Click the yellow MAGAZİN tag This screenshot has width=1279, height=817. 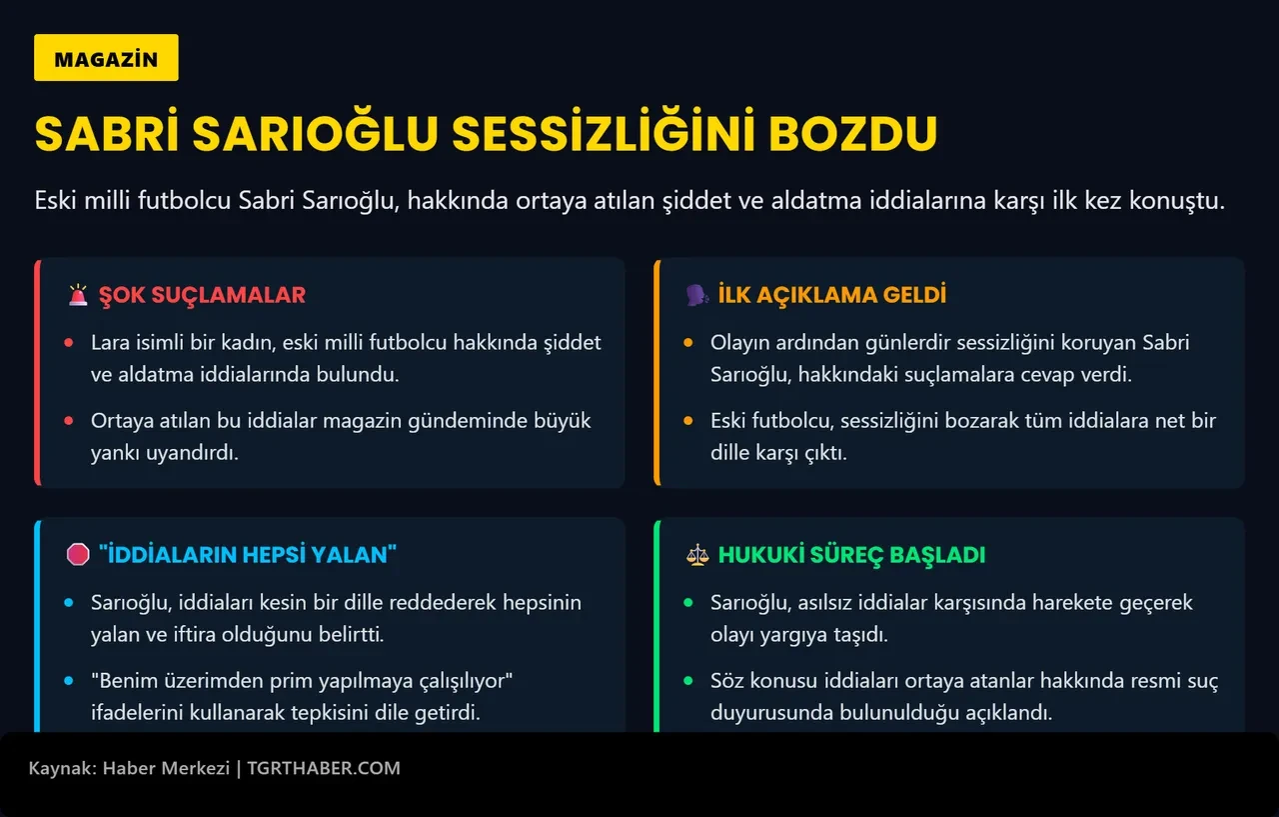106,58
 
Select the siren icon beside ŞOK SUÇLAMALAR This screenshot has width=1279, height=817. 78,295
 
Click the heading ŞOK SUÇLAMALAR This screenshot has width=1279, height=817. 202,295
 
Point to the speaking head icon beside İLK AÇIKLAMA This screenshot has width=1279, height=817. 696,295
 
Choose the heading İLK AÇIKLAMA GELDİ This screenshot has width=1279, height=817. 831,295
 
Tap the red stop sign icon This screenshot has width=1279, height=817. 78,555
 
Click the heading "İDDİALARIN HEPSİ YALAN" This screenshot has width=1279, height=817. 248,555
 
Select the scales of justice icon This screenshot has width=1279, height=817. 696,555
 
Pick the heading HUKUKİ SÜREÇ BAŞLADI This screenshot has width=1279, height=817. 851,555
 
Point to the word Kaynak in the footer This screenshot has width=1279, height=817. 59,768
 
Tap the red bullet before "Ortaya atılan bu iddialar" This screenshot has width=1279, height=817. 69,421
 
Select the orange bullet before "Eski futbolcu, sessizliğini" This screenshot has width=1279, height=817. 687,421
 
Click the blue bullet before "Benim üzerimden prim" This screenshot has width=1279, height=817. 69,681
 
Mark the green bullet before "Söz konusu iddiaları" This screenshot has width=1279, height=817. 687,681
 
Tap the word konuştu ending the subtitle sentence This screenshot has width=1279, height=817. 1186,200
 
